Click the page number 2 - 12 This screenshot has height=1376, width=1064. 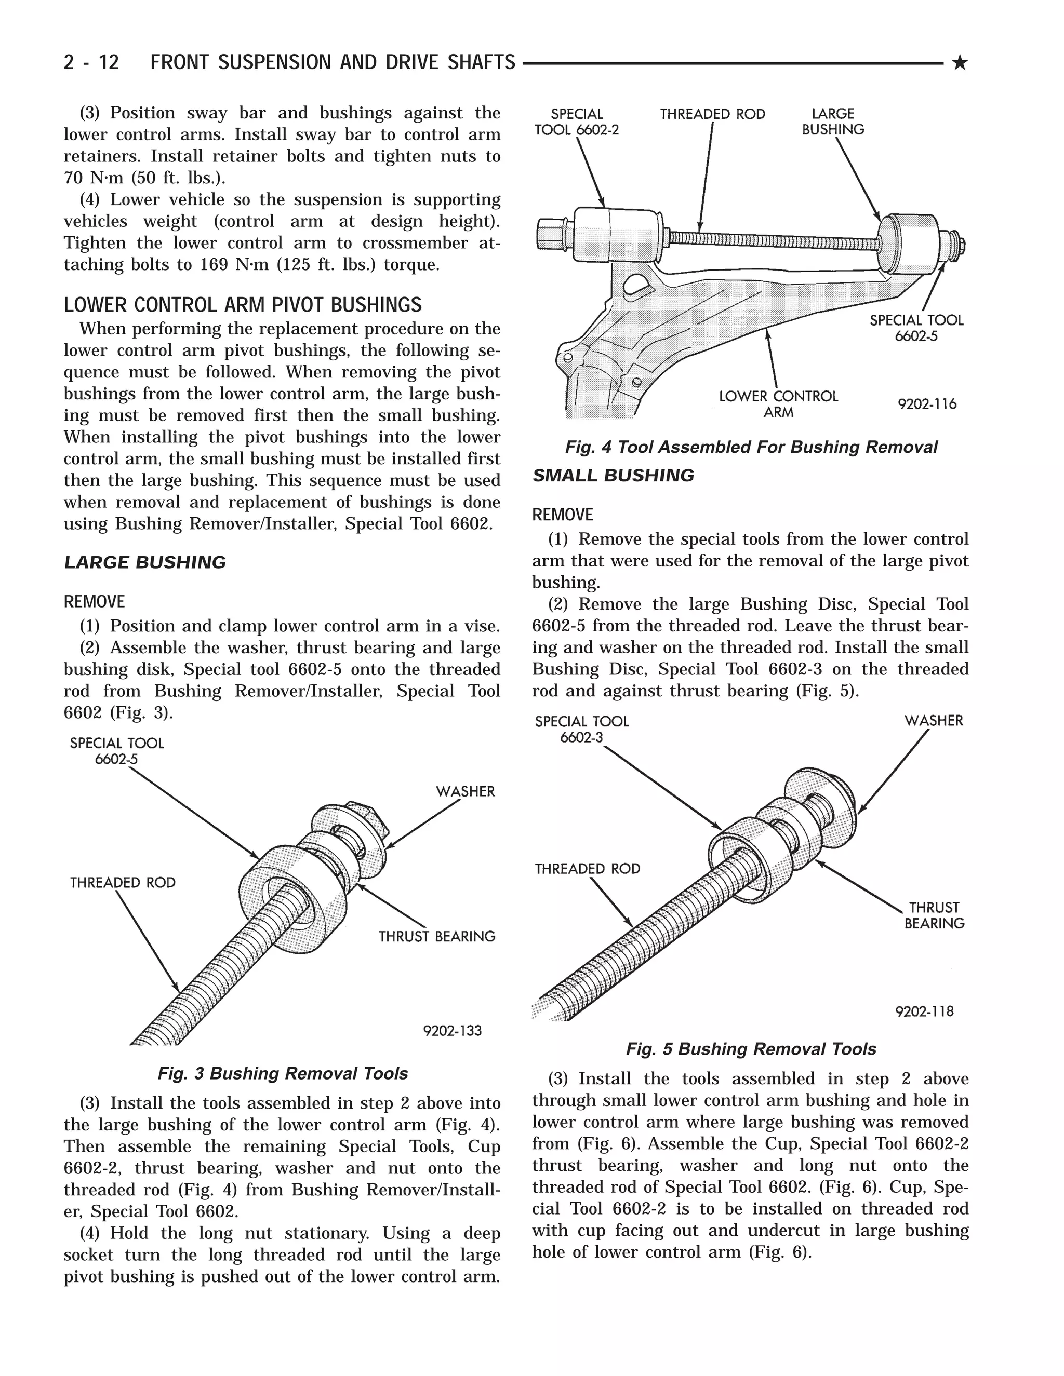(x=91, y=62)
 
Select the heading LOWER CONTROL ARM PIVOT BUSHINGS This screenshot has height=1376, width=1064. (x=243, y=305)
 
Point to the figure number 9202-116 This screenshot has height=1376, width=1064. (x=927, y=404)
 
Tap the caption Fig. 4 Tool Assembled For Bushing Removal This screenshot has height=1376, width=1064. (x=751, y=447)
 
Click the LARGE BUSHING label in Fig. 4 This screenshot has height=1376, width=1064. (x=833, y=122)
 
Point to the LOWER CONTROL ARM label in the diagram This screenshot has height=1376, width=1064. (x=778, y=404)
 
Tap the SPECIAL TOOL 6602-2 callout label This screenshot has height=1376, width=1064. (x=577, y=122)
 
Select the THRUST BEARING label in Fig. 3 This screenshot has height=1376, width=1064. (x=437, y=936)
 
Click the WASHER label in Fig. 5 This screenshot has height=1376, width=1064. (x=934, y=720)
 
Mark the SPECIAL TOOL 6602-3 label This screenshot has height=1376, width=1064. (x=582, y=729)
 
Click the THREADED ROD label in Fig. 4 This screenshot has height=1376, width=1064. (x=712, y=114)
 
